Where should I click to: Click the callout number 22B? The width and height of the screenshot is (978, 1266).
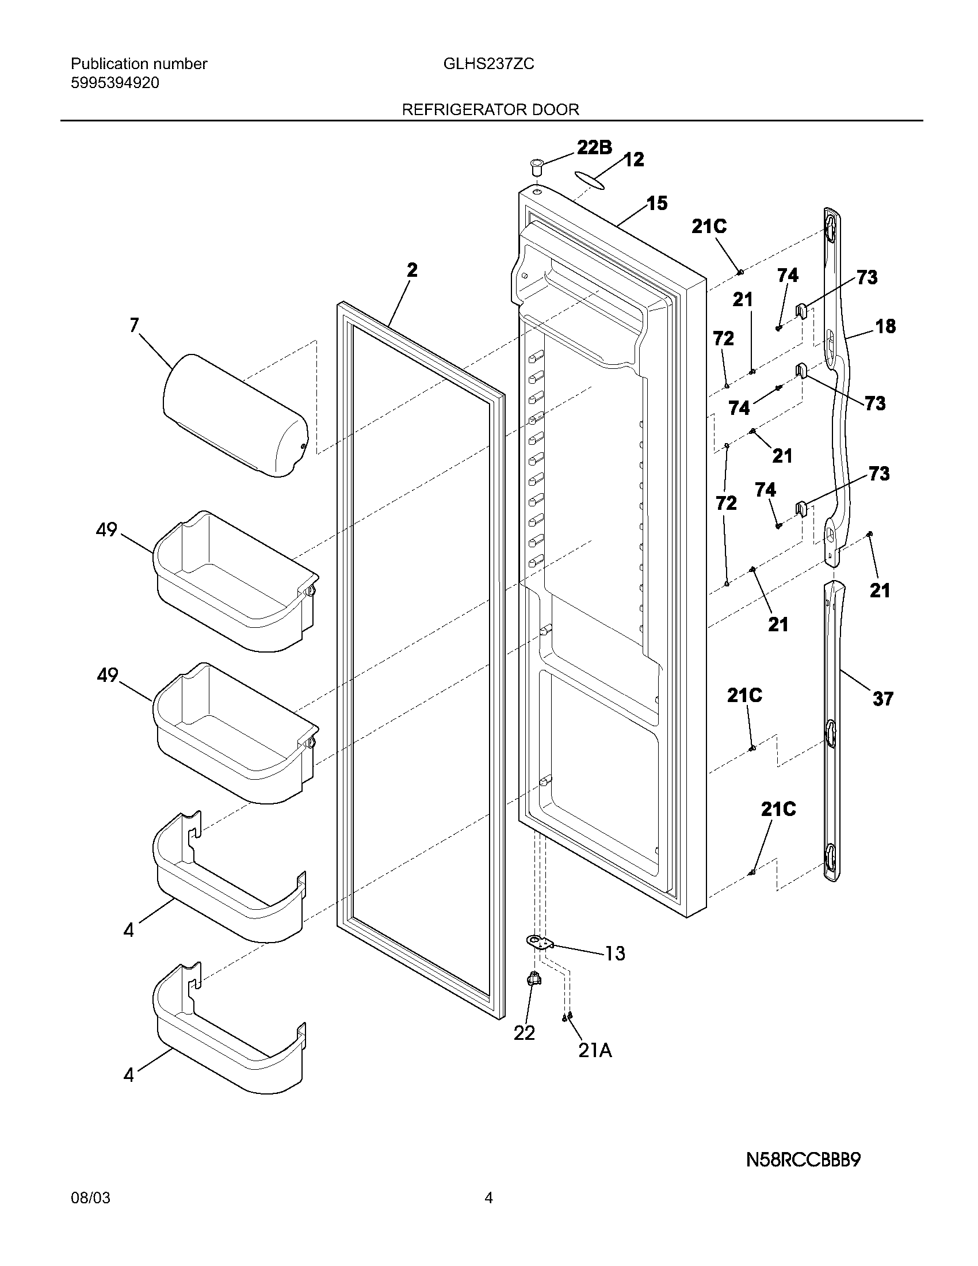click(x=594, y=148)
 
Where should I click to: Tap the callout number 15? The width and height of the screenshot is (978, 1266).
click(x=656, y=204)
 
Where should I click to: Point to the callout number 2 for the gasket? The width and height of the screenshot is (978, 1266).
click(x=411, y=270)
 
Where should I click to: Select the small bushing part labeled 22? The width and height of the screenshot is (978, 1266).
click(x=533, y=979)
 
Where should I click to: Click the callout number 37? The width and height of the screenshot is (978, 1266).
click(x=883, y=699)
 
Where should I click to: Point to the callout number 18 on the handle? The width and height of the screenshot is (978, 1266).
click(x=885, y=326)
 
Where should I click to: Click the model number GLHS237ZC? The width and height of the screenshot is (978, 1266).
click(x=488, y=64)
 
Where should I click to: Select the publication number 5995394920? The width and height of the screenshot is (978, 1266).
click(x=114, y=83)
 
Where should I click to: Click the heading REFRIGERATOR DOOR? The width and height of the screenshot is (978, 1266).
click(x=490, y=109)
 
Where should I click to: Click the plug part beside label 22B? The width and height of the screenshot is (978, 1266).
click(x=537, y=168)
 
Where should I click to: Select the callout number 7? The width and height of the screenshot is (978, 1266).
click(x=134, y=326)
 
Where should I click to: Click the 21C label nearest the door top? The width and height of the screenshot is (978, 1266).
click(x=709, y=227)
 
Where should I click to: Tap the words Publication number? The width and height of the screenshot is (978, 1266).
click(x=139, y=64)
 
